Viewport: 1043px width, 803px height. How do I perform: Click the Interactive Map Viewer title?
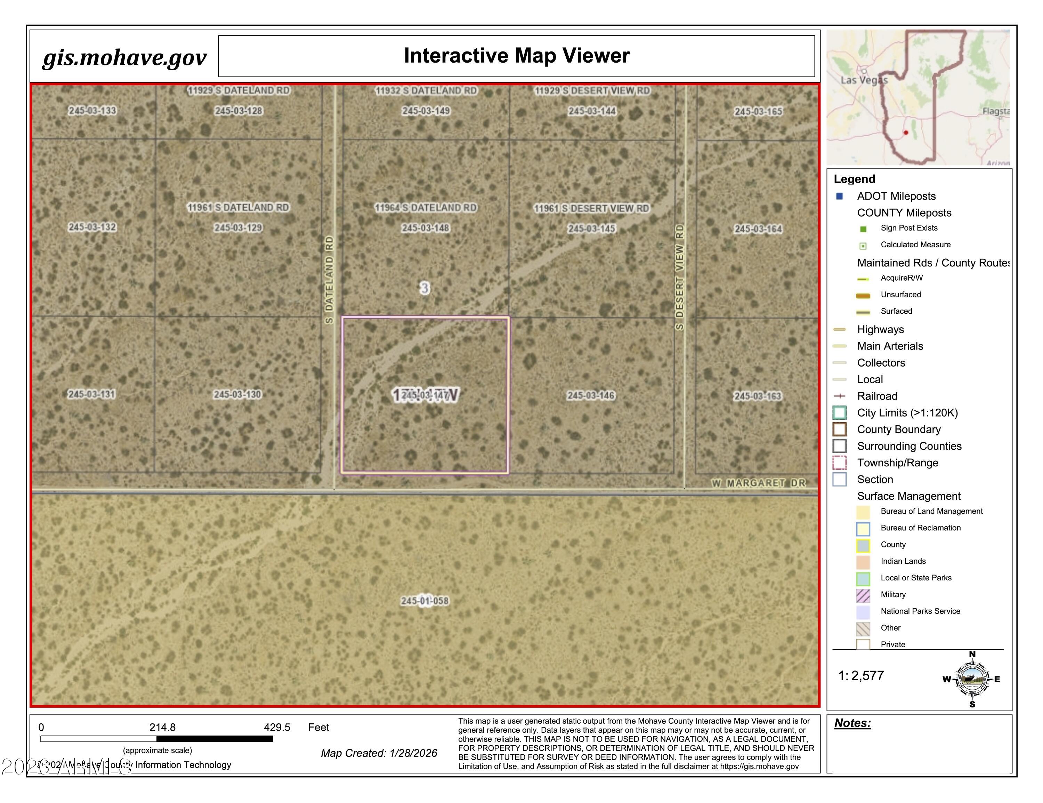[x=516, y=55]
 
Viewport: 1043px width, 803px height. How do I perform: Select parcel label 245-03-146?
[x=591, y=395]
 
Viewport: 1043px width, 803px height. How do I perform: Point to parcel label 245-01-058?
[x=425, y=601]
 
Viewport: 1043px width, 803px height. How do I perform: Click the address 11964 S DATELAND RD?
[x=426, y=207]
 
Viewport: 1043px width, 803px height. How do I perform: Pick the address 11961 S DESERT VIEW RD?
[x=591, y=208]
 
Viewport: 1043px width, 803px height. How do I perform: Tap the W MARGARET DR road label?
[x=758, y=483]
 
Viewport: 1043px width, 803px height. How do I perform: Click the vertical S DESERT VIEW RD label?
[x=680, y=277]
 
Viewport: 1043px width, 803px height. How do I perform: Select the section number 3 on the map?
[x=425, y=288]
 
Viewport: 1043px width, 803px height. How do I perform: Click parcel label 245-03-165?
[x=758, y=111]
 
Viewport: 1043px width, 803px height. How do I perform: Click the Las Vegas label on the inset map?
[x=864, y=80]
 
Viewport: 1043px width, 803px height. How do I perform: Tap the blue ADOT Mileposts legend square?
[x=840, y=196]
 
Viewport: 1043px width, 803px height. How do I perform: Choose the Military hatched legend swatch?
[x=863, y=595]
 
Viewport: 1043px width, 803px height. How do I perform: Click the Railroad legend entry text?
[x=877, y=396]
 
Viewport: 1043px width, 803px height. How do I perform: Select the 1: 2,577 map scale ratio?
[x=861, y=675]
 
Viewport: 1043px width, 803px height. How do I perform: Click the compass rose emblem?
[x=972, y=679]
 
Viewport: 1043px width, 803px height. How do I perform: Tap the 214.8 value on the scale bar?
[x=162, y=727]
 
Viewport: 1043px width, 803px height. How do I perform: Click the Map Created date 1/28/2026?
[x=413, y=753]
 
